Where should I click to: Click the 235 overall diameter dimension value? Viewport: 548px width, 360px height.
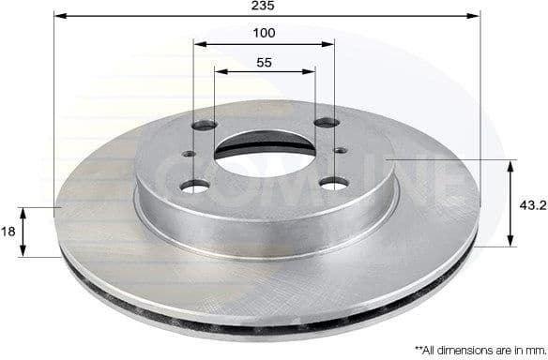[x=264, y=6]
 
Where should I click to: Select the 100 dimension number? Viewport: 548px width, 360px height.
[x=264, y=33]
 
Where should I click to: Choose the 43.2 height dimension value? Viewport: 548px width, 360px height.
[x=532, y=203]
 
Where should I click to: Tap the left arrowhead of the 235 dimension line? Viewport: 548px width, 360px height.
[x=59, y=16]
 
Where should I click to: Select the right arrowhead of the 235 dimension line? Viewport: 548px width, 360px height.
[x=474, y=16]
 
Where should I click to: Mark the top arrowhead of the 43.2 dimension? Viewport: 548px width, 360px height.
[x=511, y=166]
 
